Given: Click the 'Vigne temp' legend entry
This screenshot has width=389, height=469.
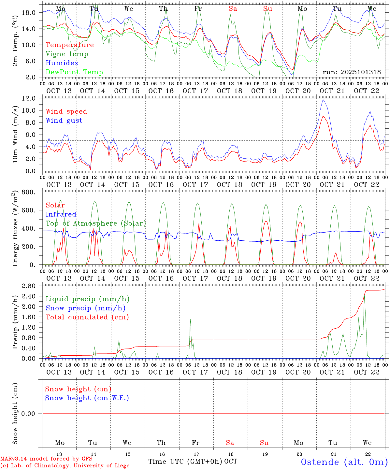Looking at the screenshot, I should click(x=67, y=54).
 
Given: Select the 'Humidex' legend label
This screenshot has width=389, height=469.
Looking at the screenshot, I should click(x=62, y=63).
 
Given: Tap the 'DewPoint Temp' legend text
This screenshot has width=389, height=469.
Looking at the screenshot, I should click(x=74, y=72).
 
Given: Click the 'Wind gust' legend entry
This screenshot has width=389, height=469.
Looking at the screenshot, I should click(x=64, y=121).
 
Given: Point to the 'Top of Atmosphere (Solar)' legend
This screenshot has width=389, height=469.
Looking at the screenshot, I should click(x=96, y=223).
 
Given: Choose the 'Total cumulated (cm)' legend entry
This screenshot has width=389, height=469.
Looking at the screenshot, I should click(x=87, y=317).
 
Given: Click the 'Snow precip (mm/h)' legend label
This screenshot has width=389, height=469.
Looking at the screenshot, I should click(x=85, y=308).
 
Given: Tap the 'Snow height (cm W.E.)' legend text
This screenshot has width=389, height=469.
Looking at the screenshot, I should click(x=87, y=398).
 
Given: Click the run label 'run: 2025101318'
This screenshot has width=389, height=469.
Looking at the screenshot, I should click(x=352, y=72).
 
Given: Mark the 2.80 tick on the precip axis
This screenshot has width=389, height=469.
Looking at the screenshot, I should click(x=29, y=286).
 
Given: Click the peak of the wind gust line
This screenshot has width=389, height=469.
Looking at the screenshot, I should click(x=323, y=100).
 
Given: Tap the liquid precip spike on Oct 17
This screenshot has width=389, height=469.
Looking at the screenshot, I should click(x=190, y=319).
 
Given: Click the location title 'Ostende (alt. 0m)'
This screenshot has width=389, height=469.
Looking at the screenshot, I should click(x=344, y=462).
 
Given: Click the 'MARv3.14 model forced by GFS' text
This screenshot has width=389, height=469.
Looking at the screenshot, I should click(x=46, y=459).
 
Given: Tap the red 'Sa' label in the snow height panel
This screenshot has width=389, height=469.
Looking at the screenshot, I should click(x=230, y=443).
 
